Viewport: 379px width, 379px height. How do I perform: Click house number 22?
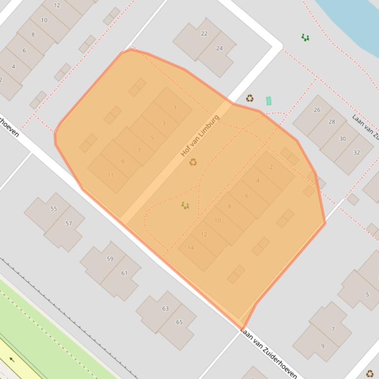(204, 33)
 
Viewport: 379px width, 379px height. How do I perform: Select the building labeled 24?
(219, 48)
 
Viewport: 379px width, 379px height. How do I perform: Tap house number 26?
(317, 110)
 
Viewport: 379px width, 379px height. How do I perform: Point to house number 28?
(331, 122)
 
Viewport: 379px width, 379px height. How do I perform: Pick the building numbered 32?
(356, 152)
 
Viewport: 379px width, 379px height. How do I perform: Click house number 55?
(53, 209)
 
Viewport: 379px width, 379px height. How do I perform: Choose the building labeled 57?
(69, 223)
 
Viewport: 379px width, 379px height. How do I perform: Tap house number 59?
(110, 258)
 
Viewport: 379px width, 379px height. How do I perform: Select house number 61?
(124, 273)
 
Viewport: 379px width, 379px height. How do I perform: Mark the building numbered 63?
(165, 309)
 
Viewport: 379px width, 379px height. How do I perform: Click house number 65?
(179, 322)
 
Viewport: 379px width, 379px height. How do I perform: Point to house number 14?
(191, 248)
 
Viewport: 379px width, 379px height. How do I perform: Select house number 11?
(110, 175)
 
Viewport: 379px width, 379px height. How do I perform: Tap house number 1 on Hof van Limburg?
(175, 108)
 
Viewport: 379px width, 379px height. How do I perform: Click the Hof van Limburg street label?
(200, 135)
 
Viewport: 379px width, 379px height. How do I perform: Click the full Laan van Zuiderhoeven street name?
(269, 353)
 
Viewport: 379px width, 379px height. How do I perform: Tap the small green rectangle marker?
(269, 101)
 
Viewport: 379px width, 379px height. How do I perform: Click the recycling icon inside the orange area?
(193, 161)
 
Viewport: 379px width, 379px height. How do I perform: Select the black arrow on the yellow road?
(12, 359)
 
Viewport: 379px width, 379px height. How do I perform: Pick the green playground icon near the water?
(306, 37)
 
